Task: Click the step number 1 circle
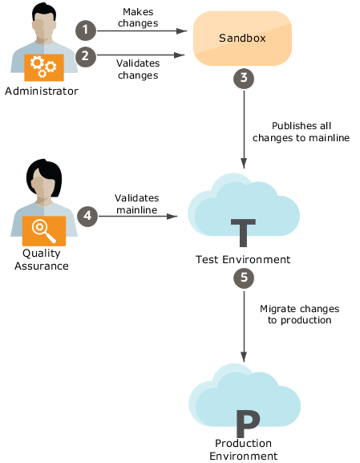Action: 86,30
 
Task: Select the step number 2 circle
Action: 86,56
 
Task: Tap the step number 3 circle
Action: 244,79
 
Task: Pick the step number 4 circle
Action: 87,216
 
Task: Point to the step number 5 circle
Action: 243,278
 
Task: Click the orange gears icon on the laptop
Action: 42,67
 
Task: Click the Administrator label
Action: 42,91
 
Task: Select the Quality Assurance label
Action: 41,259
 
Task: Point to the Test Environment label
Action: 243,260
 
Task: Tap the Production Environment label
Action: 243,449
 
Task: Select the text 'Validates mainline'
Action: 136,203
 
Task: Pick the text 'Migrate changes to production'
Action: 299,315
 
